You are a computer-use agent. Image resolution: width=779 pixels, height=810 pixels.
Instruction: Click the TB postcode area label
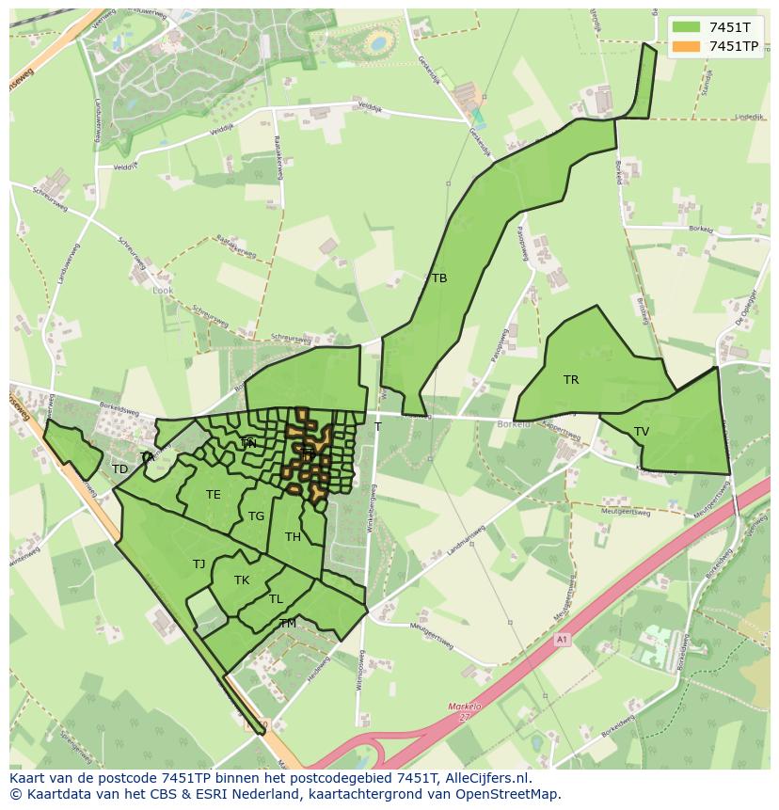439,278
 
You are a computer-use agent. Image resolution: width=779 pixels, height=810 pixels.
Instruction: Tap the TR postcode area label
571,380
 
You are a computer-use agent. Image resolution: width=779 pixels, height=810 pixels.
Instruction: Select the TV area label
642,432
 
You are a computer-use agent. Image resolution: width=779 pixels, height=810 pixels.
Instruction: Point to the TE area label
214,495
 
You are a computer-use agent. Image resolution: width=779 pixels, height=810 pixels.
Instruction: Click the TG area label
257,516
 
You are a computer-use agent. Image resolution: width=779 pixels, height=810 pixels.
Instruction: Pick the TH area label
293,537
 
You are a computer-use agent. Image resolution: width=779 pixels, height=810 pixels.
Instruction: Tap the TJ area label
199,564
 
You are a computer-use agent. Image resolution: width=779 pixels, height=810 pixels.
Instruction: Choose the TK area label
242,580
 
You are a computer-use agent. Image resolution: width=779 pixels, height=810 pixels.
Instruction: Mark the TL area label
276,599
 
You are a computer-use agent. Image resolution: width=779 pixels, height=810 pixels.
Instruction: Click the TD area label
119,469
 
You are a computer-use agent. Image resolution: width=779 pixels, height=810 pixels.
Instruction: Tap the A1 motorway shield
563,640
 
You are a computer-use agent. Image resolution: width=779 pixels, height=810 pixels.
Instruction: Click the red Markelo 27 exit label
464,711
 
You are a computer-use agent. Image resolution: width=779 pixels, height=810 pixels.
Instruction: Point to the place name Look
163,291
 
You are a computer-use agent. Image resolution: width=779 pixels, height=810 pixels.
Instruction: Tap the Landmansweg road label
468,545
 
